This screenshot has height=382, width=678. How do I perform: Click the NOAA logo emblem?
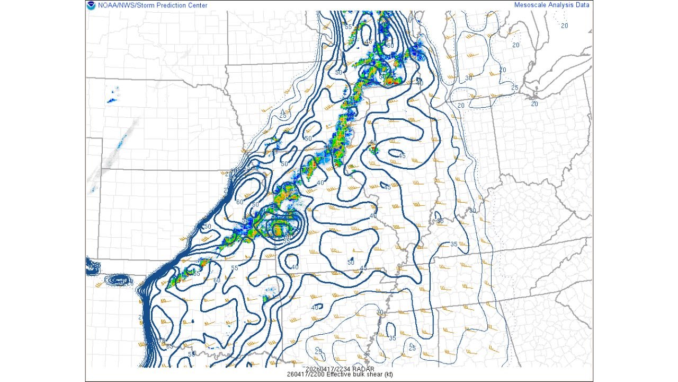92,5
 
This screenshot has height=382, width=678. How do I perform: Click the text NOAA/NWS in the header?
117,5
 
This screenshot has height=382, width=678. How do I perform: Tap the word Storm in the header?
147,5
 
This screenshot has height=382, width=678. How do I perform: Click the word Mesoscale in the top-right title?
530,5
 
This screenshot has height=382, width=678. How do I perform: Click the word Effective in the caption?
334,375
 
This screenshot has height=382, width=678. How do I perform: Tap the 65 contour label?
170,346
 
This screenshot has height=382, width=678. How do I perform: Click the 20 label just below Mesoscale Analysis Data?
565,25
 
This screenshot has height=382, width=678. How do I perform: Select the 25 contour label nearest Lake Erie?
514,88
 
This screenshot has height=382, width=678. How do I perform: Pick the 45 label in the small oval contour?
402,156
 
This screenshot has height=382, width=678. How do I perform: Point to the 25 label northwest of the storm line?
283,116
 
